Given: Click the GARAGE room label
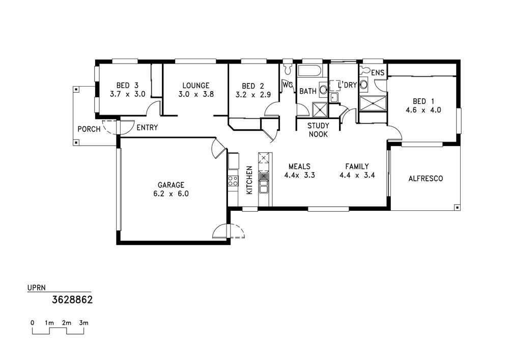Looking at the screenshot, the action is pyautogui.click(x=171, y=185).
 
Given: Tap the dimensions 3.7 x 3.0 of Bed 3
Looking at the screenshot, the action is pyautogui.click(x=128, y=95).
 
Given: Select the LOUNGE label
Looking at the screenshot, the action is pyautogui.click(x=196, y=86).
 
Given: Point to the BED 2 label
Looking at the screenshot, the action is pyautogui.click(x=253, y=86).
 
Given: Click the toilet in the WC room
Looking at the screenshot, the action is pyautogui.click(x=287, y=69).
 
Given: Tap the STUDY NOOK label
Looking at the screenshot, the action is pyautogui.click(x=318, y=130).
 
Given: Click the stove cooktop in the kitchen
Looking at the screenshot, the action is pyautogui.click(x=233, y=181).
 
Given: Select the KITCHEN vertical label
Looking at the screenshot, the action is pyautogui.click(x=249, y=180).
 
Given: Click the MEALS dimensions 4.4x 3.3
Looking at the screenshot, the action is pyautogui.click(x=300, y=176).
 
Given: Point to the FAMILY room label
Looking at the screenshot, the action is pyautogui.click(x=357, y=167).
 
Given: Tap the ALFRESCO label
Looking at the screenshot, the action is pyautogui.click(x=426, y=179).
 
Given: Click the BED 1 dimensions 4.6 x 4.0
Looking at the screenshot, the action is pyautogui.click(x=423, y=110).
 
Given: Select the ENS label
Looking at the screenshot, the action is pyautogui.click(x=378, y=73).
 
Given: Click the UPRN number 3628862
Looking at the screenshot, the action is pyautogui.click(x=72, y=299).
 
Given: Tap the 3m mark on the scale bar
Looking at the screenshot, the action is pyautogui.click(x=84, y=323).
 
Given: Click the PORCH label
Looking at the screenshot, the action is pyautogui.click(x=89, y=129).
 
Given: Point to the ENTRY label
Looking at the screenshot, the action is pyautogui.click(x=147, y=128).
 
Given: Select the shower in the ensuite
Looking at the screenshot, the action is pyautogui.click(x=373, y=103).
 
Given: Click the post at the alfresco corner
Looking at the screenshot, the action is pyautogui.click(x=457, y=207).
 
